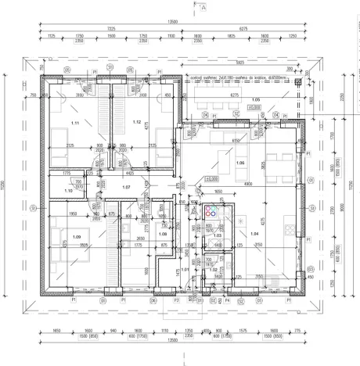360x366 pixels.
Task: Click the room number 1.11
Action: (x=76, y=124)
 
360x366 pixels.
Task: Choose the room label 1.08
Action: (x=163, y=233)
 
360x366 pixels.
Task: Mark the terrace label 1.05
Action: (x=254, y=100)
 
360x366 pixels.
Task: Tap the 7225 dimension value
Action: (x=110, y=27)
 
